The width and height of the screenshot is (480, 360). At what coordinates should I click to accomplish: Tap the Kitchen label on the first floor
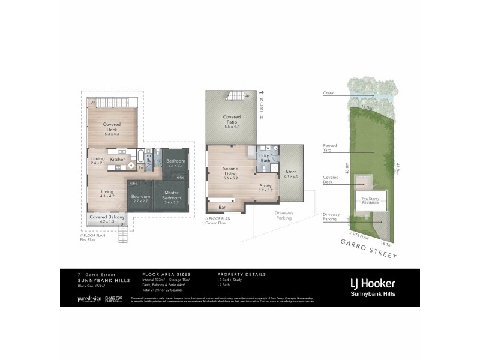click(118, 160)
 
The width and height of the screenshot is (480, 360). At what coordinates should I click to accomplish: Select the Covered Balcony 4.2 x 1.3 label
click(108, 219)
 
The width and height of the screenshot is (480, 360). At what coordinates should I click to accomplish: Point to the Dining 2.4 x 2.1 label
click(98, 160)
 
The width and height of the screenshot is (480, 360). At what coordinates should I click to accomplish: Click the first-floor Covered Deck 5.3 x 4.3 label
click(112, 129)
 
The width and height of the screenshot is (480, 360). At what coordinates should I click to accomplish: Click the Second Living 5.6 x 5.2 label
click(231, 172)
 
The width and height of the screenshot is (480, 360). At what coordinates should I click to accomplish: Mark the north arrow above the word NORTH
click(262, 93)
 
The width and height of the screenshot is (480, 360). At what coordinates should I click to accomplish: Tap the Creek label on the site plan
click(328, 93)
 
